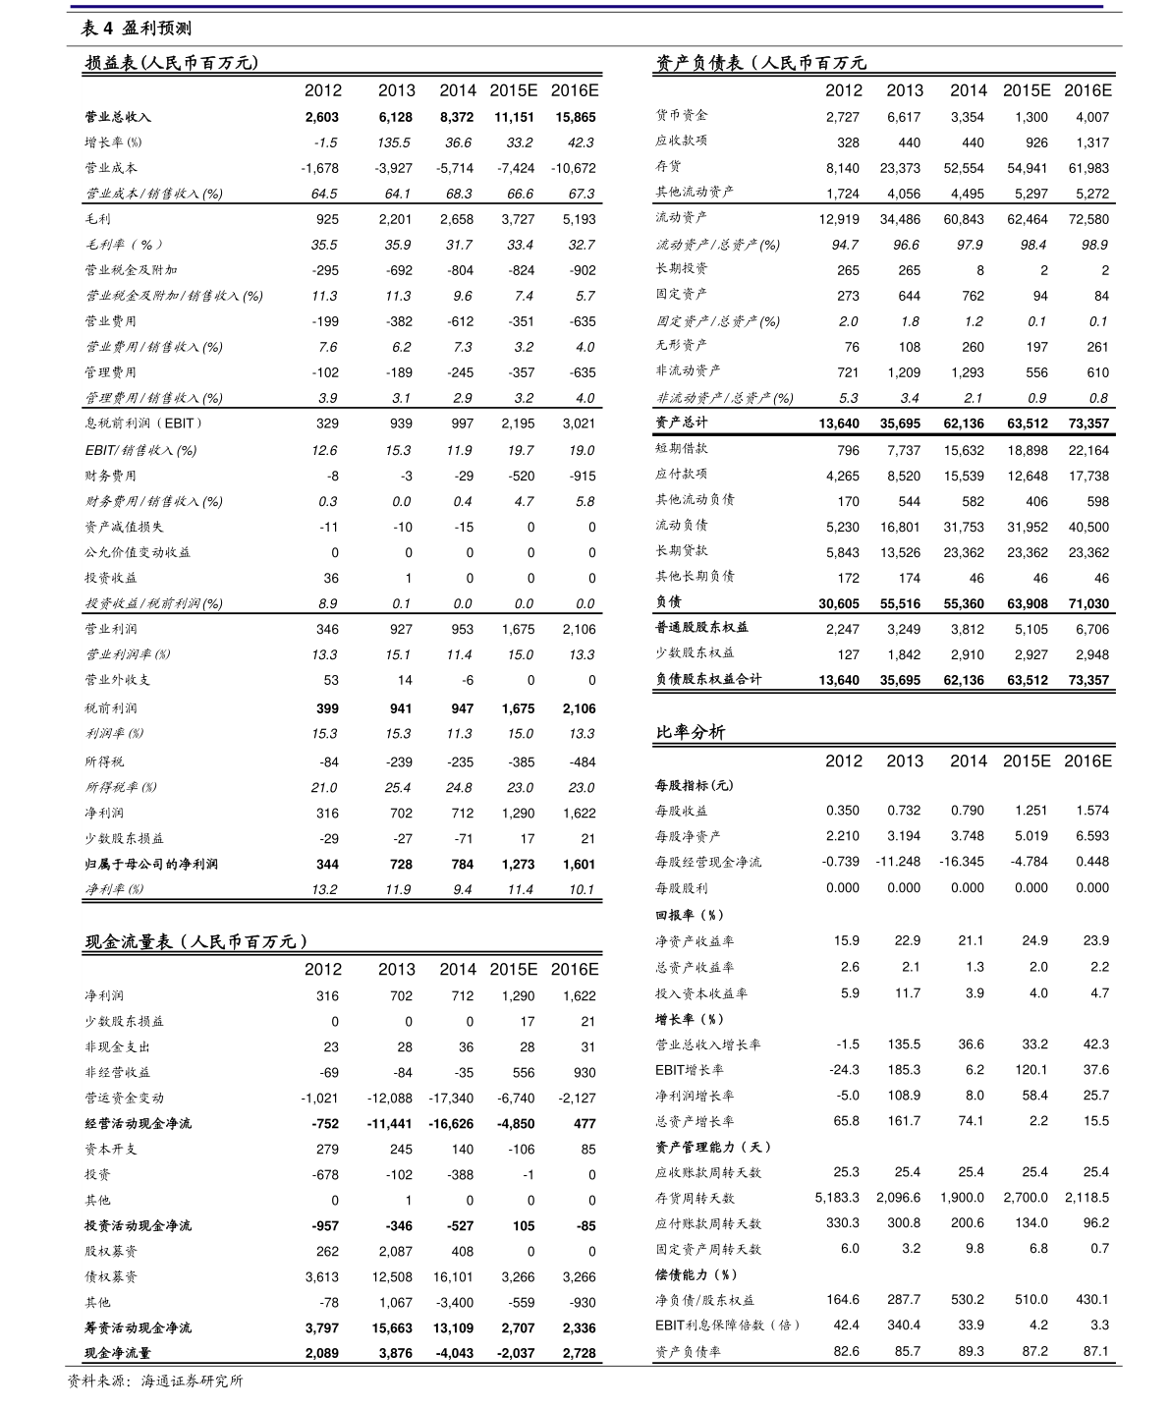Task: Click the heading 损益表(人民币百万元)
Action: [171, 63]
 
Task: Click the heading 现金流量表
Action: [196, 941]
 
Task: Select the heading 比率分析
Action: [691, 732]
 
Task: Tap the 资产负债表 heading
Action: [760, 63]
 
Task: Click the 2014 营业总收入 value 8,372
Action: [457, 117]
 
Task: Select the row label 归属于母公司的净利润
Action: [151, 864]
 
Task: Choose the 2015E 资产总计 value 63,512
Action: [1027, 423]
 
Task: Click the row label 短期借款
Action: [682, 449]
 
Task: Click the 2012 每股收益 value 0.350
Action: [842, 811]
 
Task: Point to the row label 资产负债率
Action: [688, 1351]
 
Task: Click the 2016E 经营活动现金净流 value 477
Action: [585, 1123]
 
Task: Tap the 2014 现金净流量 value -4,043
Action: [454, 1353]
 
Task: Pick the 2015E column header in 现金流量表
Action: [513, 969]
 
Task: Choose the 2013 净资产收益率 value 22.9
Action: [907, 940]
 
